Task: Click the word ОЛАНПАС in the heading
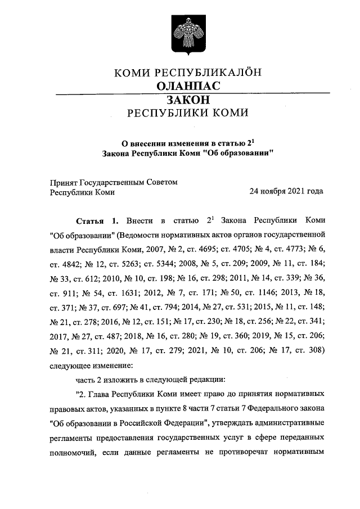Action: point(187,86)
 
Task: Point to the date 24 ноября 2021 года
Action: point(286,191)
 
